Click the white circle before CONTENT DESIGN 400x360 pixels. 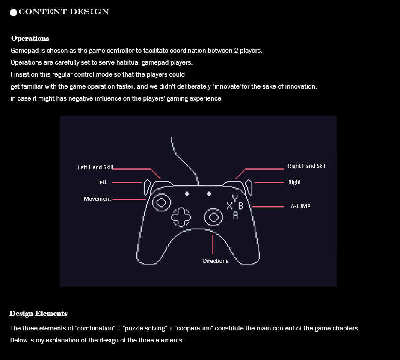13,12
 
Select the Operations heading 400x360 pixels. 30,39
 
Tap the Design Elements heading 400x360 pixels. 39,314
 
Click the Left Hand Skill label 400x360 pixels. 95,167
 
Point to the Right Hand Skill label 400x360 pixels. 307,166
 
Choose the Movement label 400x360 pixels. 97,199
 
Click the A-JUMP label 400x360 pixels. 300,206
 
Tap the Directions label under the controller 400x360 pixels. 215,261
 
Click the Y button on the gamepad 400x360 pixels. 235,198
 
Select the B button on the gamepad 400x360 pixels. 240,206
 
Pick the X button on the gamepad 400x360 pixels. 230,206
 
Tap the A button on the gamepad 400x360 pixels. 235,215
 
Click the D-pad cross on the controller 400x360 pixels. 181,217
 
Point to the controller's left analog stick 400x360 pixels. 162,202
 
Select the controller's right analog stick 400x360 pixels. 213,217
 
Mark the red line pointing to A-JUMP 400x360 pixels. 268,207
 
